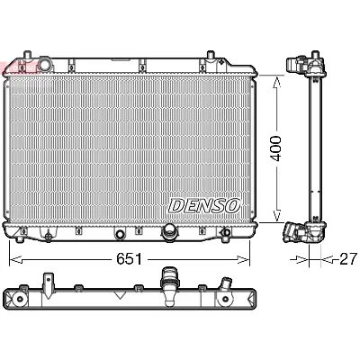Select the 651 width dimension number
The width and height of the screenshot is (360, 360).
point(128,258)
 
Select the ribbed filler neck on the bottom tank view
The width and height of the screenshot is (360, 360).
point(166,282)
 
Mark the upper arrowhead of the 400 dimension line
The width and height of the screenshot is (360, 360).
point(277,75)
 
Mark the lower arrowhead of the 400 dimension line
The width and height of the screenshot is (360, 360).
point(277,219)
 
